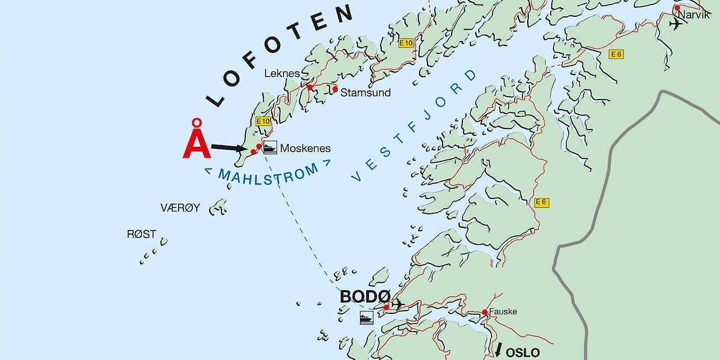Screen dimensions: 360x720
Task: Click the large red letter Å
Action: coord(196,141)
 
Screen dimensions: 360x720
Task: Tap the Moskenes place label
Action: coord(305,148)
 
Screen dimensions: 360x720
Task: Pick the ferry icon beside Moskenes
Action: coord(270,147)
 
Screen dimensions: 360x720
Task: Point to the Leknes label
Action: coord(282,74)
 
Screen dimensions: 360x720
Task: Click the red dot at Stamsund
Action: coord(335,89)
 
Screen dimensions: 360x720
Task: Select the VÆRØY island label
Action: coord(180,208)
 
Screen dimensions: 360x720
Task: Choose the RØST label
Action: coord(141,235)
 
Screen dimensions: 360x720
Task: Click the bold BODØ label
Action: coord(365,296)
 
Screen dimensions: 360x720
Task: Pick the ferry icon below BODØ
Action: coord(366,318)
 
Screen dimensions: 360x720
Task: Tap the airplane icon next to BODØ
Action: coord(398,305)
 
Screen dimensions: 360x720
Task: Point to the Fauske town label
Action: coord(502,312)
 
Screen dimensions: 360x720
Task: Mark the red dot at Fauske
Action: coord(484,312)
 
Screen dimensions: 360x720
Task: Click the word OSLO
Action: coord(523,353)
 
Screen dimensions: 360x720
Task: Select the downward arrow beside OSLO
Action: coord(498,349)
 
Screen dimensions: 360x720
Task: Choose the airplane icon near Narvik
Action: coord(676,24)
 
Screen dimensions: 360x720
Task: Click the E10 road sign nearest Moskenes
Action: coord(263,121)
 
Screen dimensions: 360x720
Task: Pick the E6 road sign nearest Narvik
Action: coord(616,54)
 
